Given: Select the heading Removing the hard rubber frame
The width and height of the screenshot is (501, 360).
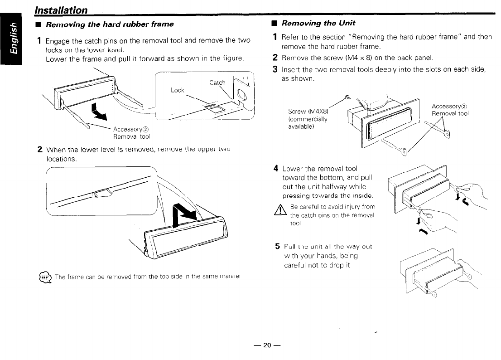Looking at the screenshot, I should (110, 24).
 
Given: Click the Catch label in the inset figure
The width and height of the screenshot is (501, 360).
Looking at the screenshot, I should (217, 83).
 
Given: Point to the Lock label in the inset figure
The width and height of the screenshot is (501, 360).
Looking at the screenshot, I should (177, 90).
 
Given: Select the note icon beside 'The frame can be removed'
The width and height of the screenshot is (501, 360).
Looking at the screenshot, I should (46, 277).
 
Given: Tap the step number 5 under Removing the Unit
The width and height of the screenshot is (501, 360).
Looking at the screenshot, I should (278, 247).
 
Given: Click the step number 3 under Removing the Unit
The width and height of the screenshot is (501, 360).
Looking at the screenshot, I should (275, 69).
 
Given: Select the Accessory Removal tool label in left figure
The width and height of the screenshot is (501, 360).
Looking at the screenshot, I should (131, 132).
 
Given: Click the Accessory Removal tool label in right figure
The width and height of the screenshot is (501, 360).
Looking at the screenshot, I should (451, 110).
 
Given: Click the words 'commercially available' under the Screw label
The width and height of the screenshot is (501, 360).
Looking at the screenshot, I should (308, 123).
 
